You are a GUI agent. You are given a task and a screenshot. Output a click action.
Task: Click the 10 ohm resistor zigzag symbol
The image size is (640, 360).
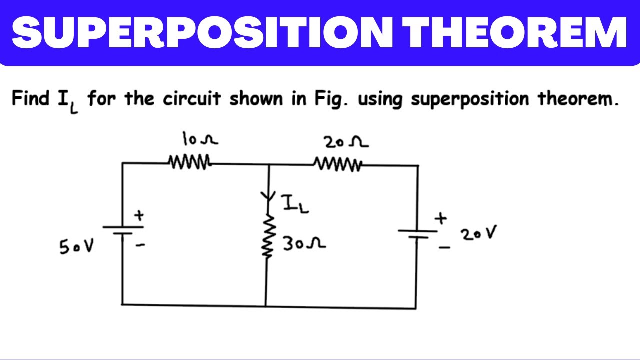click(190, 162)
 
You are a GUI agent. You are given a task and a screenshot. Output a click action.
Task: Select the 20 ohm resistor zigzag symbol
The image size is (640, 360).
click(338, 163)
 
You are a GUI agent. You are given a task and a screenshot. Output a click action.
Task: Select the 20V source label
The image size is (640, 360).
click(479, 234)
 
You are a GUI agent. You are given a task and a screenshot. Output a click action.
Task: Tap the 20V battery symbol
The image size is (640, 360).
click(417, 233)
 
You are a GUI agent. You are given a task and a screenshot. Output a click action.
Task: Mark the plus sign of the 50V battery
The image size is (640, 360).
click(139, 216)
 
